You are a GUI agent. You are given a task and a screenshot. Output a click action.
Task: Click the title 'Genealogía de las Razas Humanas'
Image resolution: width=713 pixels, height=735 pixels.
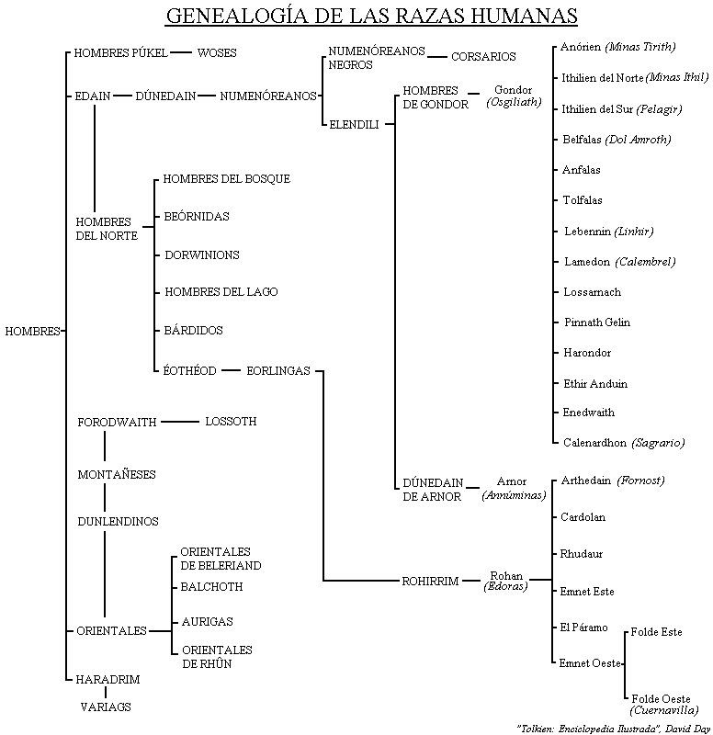click(x=371, y=17)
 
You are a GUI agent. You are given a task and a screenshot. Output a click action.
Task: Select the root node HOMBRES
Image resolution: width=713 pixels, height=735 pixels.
click(x=32, y=331)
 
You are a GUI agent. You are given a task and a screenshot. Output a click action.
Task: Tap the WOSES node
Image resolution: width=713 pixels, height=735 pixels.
click(x=217, y=53)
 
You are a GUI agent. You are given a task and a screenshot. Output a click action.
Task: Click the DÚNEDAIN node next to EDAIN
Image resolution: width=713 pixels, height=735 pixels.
click(x=165, y=96)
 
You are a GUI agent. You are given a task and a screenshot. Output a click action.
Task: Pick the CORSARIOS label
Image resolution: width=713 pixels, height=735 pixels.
click(x=483, y=57)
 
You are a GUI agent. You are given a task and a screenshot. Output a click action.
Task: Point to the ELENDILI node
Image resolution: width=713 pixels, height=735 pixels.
click(x=354, y=123)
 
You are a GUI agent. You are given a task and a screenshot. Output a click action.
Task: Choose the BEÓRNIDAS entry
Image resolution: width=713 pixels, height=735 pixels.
click(x=197, y=217)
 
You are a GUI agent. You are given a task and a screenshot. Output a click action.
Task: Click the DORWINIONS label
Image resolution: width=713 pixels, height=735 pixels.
click(x=202, y=254)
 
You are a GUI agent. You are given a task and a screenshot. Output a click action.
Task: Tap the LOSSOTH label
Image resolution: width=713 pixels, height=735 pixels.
click(x=231, y=422)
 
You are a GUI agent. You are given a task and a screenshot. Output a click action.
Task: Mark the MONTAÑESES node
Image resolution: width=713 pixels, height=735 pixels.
click(x=117, y=474)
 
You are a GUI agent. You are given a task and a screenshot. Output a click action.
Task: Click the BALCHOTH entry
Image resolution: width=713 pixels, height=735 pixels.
click(x=212, y=586)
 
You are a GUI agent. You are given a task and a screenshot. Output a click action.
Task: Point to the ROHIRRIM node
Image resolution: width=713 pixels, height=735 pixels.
click(x=429, y=581)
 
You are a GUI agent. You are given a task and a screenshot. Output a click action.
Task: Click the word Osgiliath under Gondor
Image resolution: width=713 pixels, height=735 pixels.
click(x=513, y=103)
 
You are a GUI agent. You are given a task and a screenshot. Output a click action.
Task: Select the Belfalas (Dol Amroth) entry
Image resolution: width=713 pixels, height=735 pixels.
click(x=617, y=140)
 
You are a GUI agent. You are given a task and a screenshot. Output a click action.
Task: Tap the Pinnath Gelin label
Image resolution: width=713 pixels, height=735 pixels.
click(x=596, y=322)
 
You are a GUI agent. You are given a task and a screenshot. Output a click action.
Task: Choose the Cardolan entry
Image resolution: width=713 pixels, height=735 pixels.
click(x=583, y=517)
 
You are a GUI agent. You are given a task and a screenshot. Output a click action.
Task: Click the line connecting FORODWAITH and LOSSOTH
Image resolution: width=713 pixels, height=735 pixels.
click(x=180, y=422)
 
